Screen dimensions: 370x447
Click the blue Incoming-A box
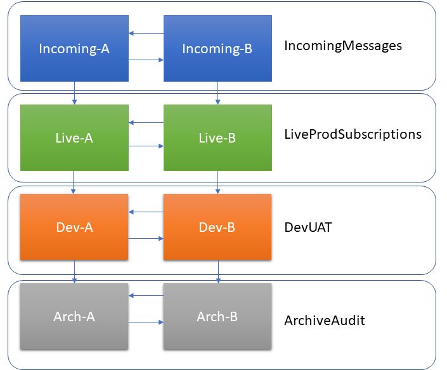(x=74, y=49)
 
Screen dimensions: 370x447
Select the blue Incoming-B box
(x=217, y=49)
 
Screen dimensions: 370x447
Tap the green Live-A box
(x=74, y=138)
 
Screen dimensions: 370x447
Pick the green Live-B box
(x=217, y=138)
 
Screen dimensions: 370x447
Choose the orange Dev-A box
(x=74, y=227)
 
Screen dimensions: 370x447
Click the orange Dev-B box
(x=217, y=227)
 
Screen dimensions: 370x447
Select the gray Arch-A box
(x=74, y=316)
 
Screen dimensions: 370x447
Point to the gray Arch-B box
(x=217, y=316)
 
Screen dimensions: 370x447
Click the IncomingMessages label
(x=343, y=46)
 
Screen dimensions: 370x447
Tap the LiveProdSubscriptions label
(x=353, y=135)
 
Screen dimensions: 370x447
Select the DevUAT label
(x=308, y=226)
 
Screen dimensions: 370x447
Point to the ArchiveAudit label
(x=325, y=321)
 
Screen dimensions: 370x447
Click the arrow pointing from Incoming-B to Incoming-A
(x=146, y=34)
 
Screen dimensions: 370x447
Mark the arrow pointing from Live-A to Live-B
(x=146, y=146)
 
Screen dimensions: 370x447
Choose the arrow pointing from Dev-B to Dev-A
(x=146, y=212)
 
